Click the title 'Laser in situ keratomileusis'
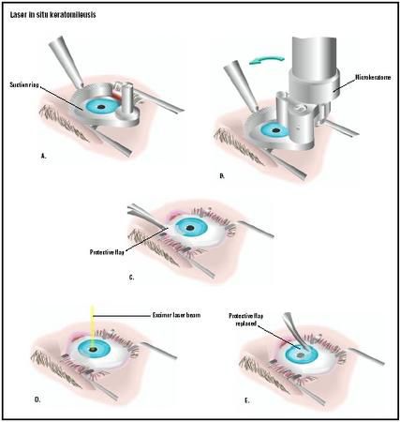click(52, 15)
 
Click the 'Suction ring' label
click(24, 84)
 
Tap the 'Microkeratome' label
click(373, 77)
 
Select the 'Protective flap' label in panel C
click(107, 251)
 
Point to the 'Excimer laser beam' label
click(176, 315)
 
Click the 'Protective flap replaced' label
click(246, 320)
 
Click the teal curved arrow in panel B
click(266, 60)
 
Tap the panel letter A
click(43, 156)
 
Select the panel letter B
click(222, 176)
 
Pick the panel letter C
click(131, 277)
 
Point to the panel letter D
click(37, 399)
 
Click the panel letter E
click(247, 400)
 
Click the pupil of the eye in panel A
click(101, 107)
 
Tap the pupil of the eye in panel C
click(189, 228)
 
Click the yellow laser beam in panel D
click(92, 326)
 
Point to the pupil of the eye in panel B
click(275, 130)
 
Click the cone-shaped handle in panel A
click(67, 61)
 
